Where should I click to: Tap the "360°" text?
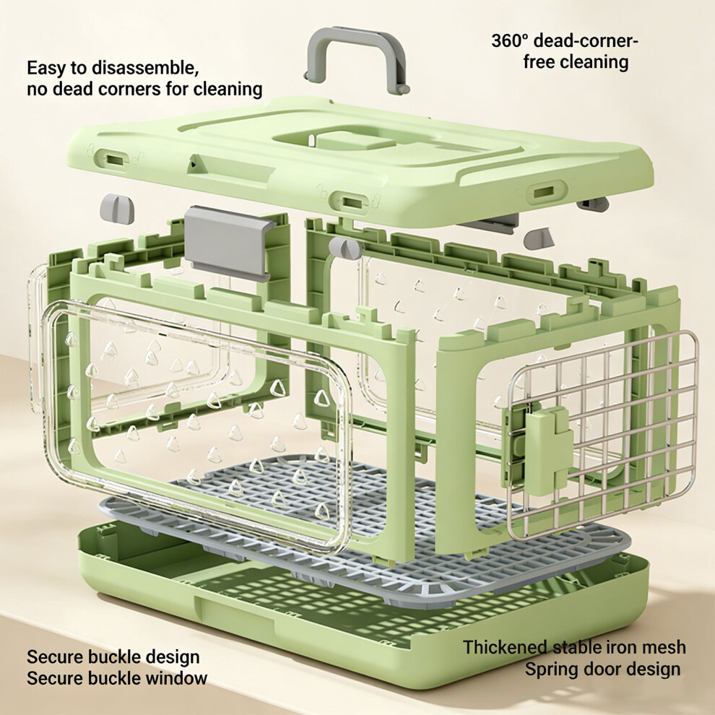tap(509, 41)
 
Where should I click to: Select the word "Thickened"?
tap(505, 647)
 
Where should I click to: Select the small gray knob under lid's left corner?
tap(117, 209)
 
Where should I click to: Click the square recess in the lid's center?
tap(355, 140)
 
